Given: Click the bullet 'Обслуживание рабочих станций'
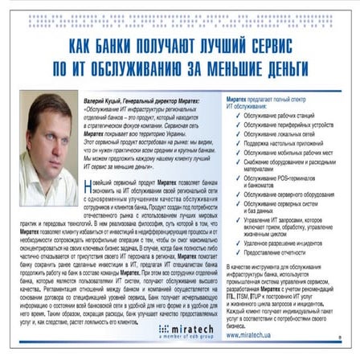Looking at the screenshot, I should pyautogui.click(x=280, y=114).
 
